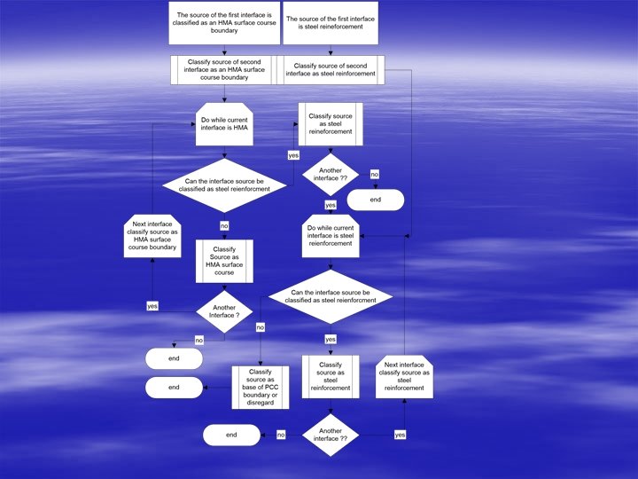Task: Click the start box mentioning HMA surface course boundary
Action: pos(224,23)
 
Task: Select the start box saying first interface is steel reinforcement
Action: pos(331,23)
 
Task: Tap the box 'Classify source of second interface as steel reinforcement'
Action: pos(330,70)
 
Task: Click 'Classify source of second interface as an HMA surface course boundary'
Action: pos(224,70)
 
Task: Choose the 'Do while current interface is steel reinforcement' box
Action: pos(331,237)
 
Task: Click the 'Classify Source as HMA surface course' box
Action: pos(224,261)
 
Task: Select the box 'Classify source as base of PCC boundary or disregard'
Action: pos(260,388)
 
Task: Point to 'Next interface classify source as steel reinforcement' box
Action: pos(404,375)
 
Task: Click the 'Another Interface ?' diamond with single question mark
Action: pos(224,310)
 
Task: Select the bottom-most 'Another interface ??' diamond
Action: pos(331,435)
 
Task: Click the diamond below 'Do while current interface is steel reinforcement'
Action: pos(331,297)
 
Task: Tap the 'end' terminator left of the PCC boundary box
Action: pos(174,388)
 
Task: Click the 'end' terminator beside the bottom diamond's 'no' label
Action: pos(231,435)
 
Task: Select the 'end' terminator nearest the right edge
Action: pos(376,200)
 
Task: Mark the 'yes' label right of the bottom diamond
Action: pos(400,435)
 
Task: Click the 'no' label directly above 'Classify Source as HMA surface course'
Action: pos(224,226)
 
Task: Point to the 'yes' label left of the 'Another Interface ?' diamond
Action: pos(152,306)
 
